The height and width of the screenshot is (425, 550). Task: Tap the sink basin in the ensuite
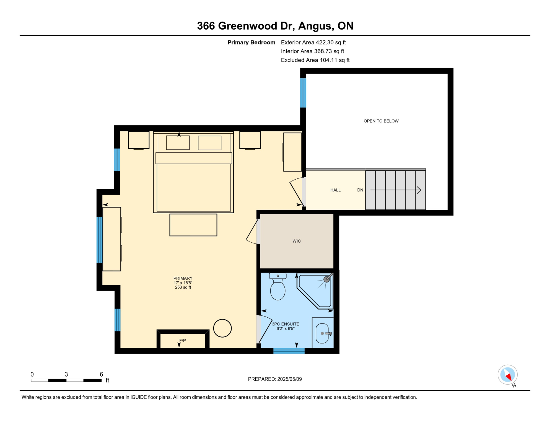(322, 333)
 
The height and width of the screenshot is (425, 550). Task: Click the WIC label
(297, 241)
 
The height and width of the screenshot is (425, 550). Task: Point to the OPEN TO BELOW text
(381, 121)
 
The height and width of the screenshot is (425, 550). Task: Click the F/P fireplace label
(183, 340)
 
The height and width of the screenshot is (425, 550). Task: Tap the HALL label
(335, 190)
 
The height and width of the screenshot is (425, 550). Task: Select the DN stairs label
(360, 190)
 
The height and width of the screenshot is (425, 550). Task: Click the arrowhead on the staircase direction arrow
(419, 190)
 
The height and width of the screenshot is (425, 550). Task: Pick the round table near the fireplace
(222, 328)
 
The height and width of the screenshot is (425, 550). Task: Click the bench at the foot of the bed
(193, 225)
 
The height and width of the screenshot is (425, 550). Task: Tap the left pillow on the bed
(178, 143)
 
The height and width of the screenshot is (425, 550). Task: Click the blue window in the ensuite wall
(289, 351)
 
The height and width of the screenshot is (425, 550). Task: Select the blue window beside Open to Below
(303, 93)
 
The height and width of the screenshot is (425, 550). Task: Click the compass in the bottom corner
(508, 375)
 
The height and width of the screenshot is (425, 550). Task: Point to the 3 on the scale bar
(66, 374)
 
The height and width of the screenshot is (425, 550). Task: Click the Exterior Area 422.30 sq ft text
(313, 42)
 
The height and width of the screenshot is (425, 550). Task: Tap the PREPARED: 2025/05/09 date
(275, 379)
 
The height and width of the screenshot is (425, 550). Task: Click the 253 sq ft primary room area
(183, 287)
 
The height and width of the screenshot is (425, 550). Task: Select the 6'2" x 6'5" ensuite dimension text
(286, 329)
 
